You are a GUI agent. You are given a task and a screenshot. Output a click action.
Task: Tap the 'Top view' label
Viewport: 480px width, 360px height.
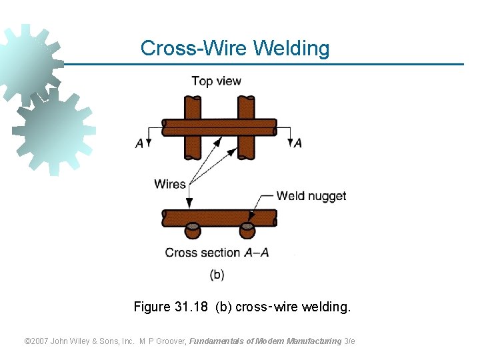click(216, 81)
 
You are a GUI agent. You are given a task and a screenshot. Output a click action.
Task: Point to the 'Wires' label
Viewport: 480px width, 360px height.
click(170, 184)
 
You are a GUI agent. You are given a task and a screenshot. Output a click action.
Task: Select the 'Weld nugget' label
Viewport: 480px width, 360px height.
click(311, 196)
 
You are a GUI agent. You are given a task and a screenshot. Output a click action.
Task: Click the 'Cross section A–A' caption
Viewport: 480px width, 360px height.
click(217, 253)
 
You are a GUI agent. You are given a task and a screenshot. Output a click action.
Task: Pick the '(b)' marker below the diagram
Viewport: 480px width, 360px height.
click(217, 274)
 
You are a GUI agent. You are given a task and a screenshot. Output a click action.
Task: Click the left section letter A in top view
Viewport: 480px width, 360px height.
click(139, 143)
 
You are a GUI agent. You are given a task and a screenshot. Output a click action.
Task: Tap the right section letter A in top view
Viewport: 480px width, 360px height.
click(297, 143)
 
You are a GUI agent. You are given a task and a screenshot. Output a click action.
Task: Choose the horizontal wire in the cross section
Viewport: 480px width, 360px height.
click(219, 217)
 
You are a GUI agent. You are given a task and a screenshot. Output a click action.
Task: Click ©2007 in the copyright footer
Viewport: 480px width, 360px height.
click(37, 341)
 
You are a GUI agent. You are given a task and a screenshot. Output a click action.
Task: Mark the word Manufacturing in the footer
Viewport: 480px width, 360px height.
click(314, 341)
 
